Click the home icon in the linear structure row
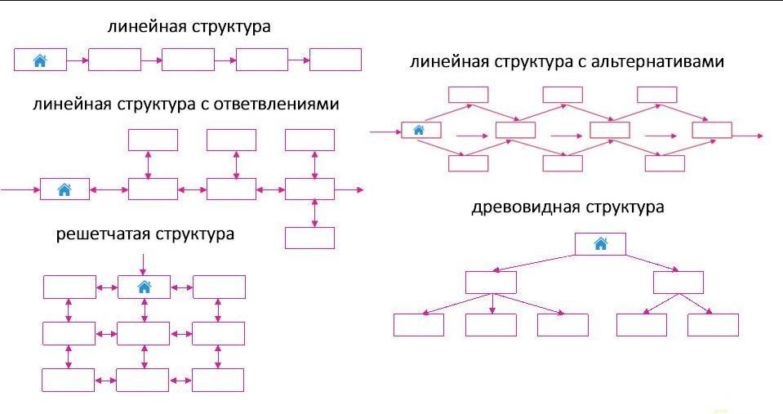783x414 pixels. pos(40,60)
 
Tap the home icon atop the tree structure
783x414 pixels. pos(600,243)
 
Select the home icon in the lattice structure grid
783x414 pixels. pos(145,287)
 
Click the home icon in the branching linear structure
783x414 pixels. pos(65,189)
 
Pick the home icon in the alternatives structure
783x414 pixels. pos(420,129)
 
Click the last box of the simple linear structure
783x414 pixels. pos(335,60)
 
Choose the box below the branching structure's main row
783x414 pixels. pos(309,238)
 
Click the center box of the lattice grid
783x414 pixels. pos(144,333)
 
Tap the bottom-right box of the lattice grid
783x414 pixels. pos(218,380)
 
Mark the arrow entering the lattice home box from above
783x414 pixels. pos(144,264)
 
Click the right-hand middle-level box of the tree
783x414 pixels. pos(678,283)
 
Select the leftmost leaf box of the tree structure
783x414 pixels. pos(419,325)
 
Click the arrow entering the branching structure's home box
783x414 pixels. pos(20,190)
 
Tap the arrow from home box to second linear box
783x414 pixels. pos(77,60)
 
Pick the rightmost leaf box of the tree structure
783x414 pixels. pos(713,325)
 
